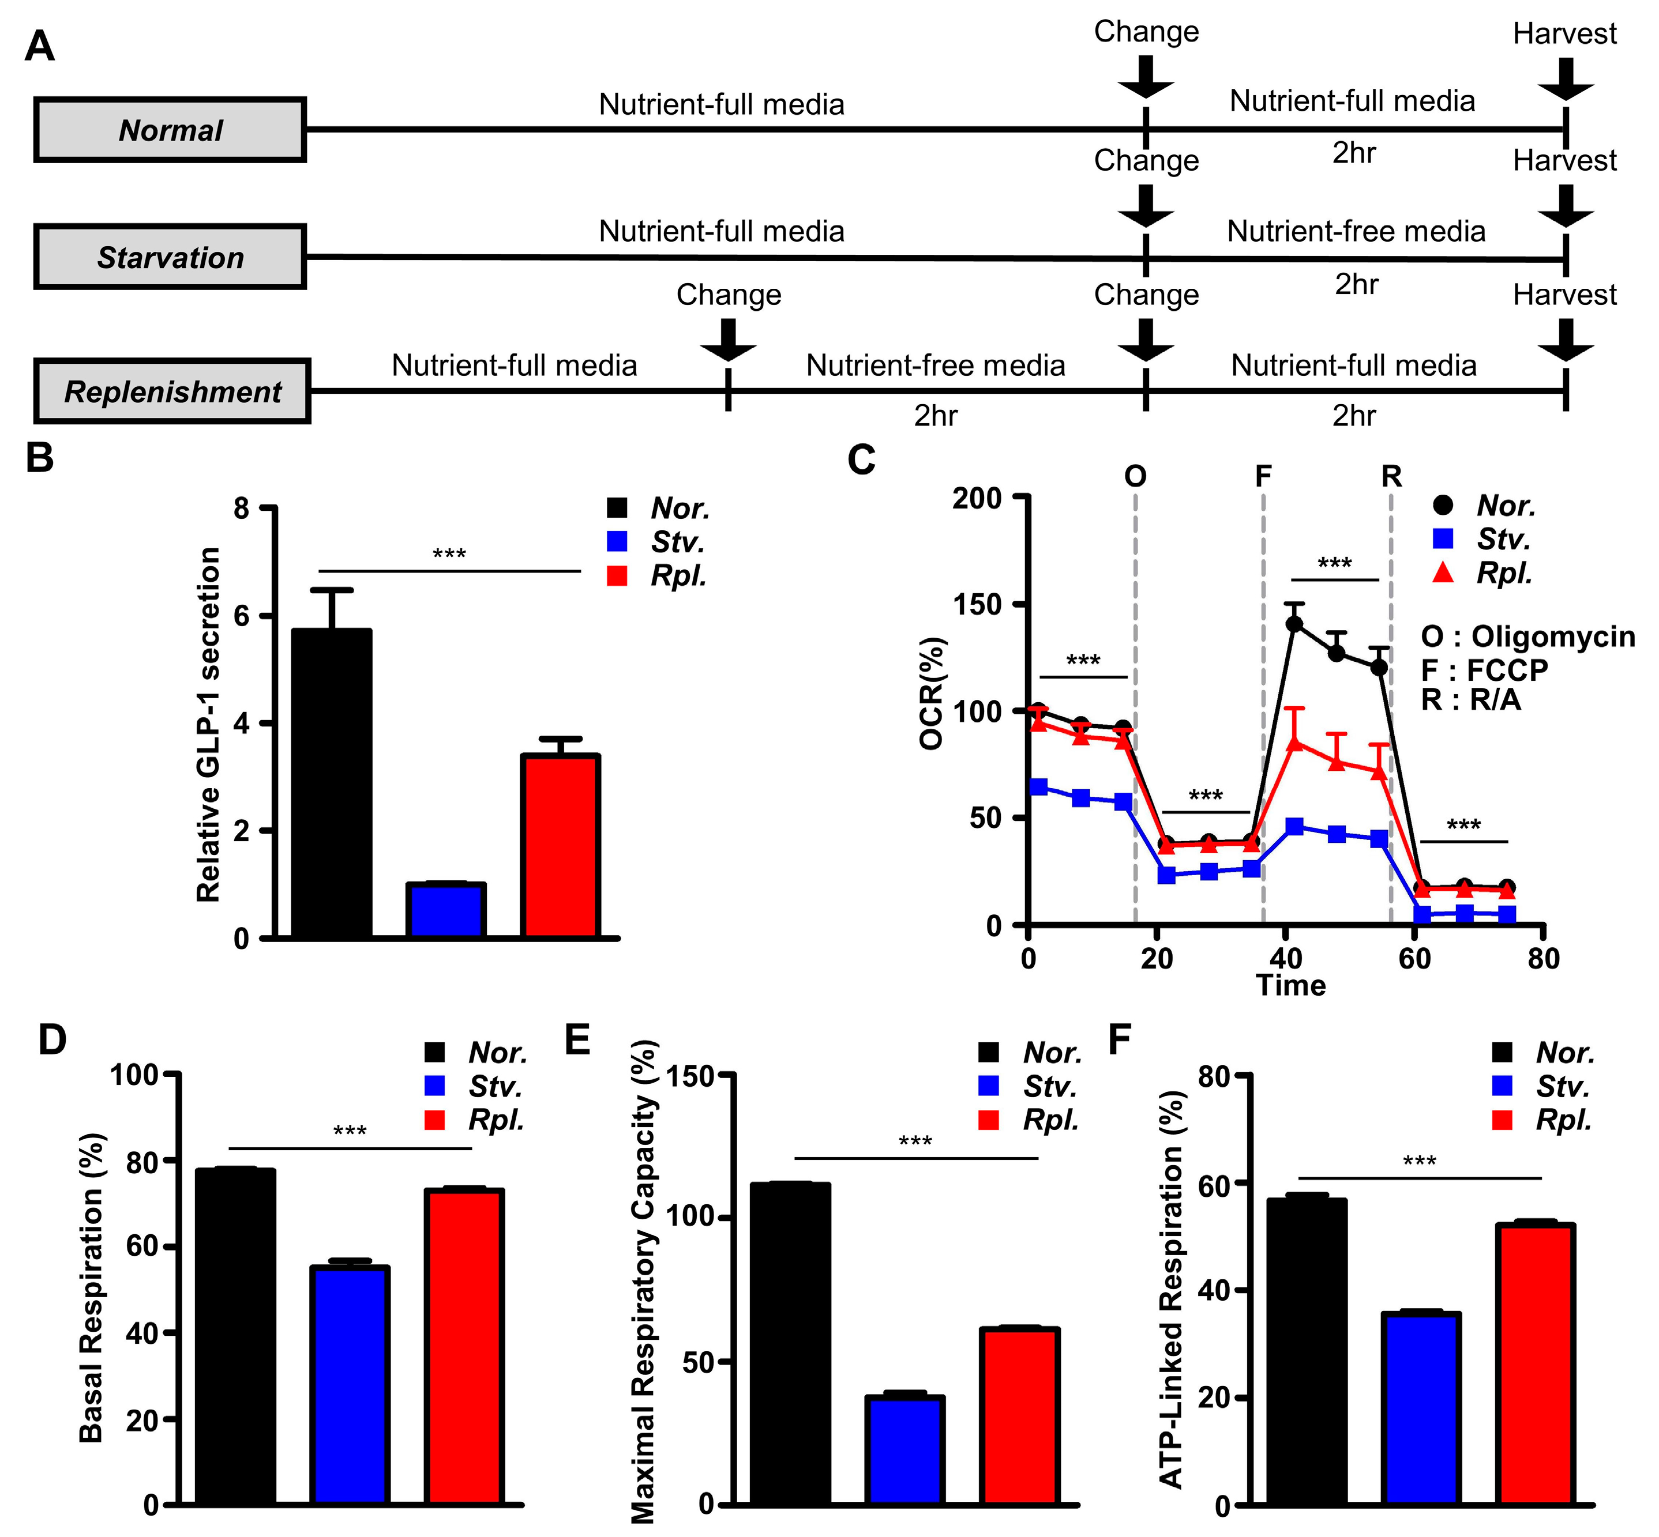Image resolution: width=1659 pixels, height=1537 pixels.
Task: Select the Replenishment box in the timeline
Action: coord(172,391)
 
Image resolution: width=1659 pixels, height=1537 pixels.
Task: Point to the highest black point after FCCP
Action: coord(1294,624)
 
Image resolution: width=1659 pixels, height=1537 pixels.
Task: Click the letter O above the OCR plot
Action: coord(1135,477)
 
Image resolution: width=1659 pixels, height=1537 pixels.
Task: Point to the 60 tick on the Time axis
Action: coord(1414,958)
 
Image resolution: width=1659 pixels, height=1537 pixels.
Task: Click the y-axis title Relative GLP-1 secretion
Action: coord(208,724)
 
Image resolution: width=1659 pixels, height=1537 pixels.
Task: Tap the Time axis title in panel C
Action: coord(1290,986)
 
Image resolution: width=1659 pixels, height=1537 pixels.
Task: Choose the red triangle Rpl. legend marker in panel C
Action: coord(1443,572)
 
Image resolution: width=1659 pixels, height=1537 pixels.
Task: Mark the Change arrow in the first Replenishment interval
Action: coord(728,340)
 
